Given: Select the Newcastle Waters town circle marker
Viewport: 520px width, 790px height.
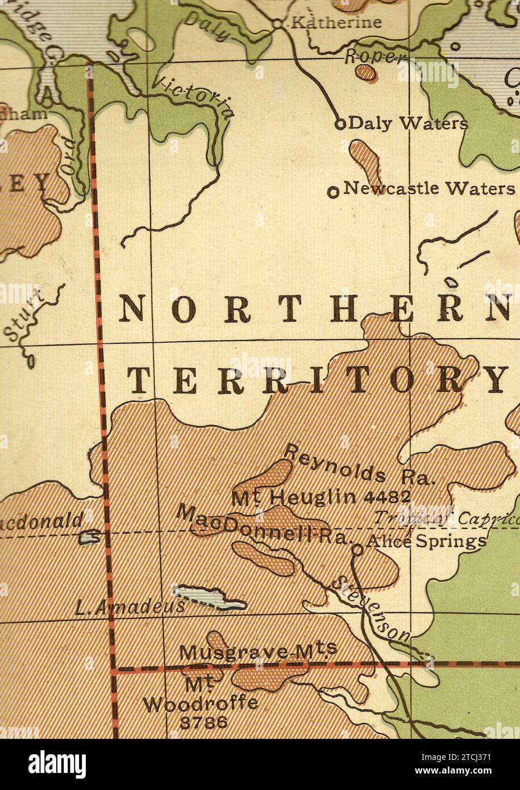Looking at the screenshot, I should pos(334,192).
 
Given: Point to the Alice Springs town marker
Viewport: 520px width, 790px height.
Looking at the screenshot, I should pos(357,550).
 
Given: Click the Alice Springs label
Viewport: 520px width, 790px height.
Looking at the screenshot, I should pos(426,540).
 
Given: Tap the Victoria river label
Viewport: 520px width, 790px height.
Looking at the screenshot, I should pos(194,97).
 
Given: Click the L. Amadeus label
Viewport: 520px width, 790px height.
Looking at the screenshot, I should pos(130,608).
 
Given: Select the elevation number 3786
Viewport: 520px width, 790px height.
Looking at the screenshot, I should pos(203,722).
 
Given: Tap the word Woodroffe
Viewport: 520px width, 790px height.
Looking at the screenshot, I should pos(199,704).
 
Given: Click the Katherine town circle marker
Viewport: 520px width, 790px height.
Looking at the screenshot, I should pos(277,24).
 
